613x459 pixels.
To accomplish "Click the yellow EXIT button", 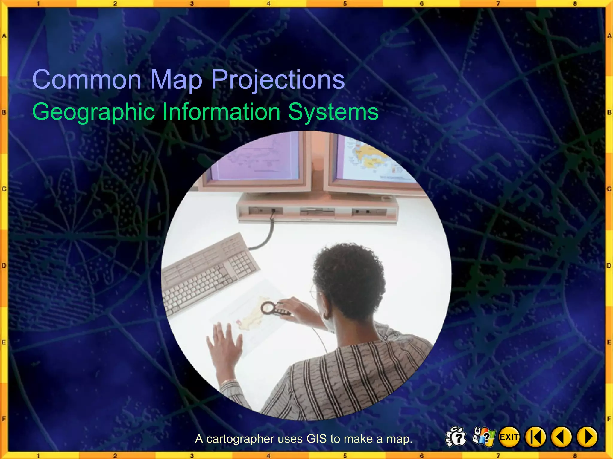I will click(509, 437).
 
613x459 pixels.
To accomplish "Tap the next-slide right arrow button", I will click(587, 437).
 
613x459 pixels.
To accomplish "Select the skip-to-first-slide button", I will click(535, 437).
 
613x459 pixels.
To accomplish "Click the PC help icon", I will click(483, 437).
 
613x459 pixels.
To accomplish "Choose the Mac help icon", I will click(456, 437).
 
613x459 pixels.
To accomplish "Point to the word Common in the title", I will click(87, 79).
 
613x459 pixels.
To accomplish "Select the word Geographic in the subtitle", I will click(93, 112).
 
